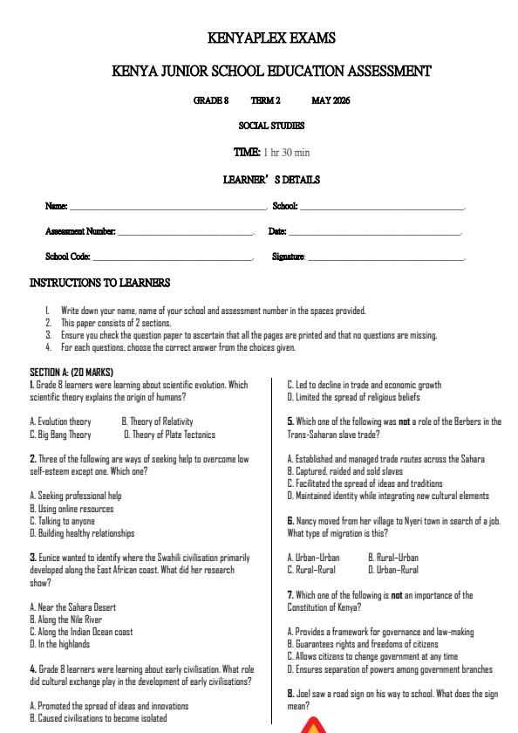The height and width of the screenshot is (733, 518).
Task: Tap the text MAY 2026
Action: click(331, 100)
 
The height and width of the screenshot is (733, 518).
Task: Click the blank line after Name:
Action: click(168, 209)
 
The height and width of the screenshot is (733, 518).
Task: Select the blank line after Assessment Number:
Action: click(185, 234)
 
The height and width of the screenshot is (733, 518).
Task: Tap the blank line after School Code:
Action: click(173, 259)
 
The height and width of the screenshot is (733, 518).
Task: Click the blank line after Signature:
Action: click(386, 259)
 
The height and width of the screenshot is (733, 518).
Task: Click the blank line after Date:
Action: click(374, 234)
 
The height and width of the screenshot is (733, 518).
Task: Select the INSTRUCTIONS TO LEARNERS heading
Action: click(99, 283)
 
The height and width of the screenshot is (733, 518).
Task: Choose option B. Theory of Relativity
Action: click(157, 421)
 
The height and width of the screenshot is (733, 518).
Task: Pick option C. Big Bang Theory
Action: click(60, 434)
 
